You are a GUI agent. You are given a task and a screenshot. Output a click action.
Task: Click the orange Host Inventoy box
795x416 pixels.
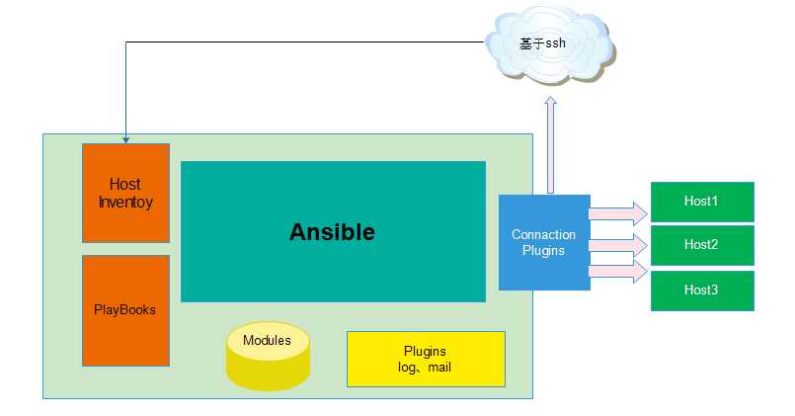[x=125, y=193]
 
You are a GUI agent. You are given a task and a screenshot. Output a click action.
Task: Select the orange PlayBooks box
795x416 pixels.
[x=125, y=310]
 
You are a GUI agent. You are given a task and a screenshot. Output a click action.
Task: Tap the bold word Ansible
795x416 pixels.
[x=332, y=232]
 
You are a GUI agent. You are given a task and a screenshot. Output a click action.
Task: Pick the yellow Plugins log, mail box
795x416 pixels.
[x=426, y=359]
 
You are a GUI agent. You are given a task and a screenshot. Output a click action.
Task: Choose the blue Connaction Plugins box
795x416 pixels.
[x=544, y=242]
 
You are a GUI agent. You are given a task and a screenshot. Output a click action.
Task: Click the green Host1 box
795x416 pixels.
[x=701, y=203]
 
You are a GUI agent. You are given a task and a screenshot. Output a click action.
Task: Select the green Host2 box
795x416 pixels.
[x=701, y=245]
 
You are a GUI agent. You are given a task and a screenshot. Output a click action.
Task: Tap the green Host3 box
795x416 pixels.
[x=701, y=290]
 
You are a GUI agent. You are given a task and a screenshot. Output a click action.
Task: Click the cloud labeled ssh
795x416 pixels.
[x=546, y=44]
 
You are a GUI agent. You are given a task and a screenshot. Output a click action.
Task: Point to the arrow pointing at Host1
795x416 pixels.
[x=618, y=212]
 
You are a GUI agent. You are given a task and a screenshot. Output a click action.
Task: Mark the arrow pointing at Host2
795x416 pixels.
[x=618, y=242]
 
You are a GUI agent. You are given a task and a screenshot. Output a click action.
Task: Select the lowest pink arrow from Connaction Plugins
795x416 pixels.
[x=618, y=271]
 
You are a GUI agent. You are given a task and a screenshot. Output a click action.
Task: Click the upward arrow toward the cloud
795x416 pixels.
[x=550, y=143]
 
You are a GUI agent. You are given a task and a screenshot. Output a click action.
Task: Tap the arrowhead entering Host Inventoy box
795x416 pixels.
[x=125, y=139]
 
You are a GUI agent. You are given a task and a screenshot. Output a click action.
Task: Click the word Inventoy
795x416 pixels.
[x=125, y=202]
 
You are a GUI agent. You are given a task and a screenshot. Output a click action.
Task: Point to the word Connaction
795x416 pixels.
[x=544, y=235]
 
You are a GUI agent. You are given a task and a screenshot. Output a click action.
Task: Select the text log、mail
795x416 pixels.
[x=425, y=367]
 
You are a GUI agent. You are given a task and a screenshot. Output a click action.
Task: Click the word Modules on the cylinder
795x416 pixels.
[x=267, y=341]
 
